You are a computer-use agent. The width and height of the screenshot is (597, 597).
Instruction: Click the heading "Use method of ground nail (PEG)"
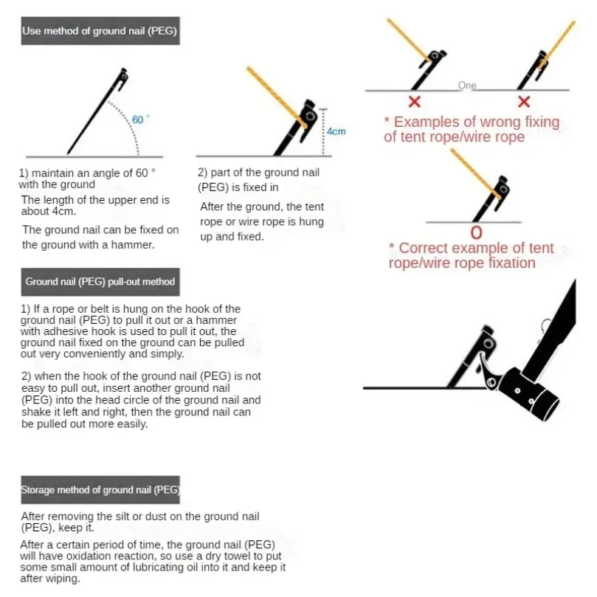tap(100, 32)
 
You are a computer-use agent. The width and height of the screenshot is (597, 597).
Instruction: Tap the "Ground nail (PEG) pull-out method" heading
tap(100, 282)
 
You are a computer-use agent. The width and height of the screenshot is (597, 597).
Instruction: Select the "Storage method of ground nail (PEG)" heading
tap(100, 490)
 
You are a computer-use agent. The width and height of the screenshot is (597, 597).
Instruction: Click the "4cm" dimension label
tap(337, 131)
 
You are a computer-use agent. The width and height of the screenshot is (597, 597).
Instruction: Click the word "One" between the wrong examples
tap(467, 86)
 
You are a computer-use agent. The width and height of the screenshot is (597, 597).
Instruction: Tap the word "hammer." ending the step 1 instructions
tap(134, 245)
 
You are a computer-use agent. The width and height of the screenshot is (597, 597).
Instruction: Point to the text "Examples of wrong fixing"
tap(476, 122)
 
